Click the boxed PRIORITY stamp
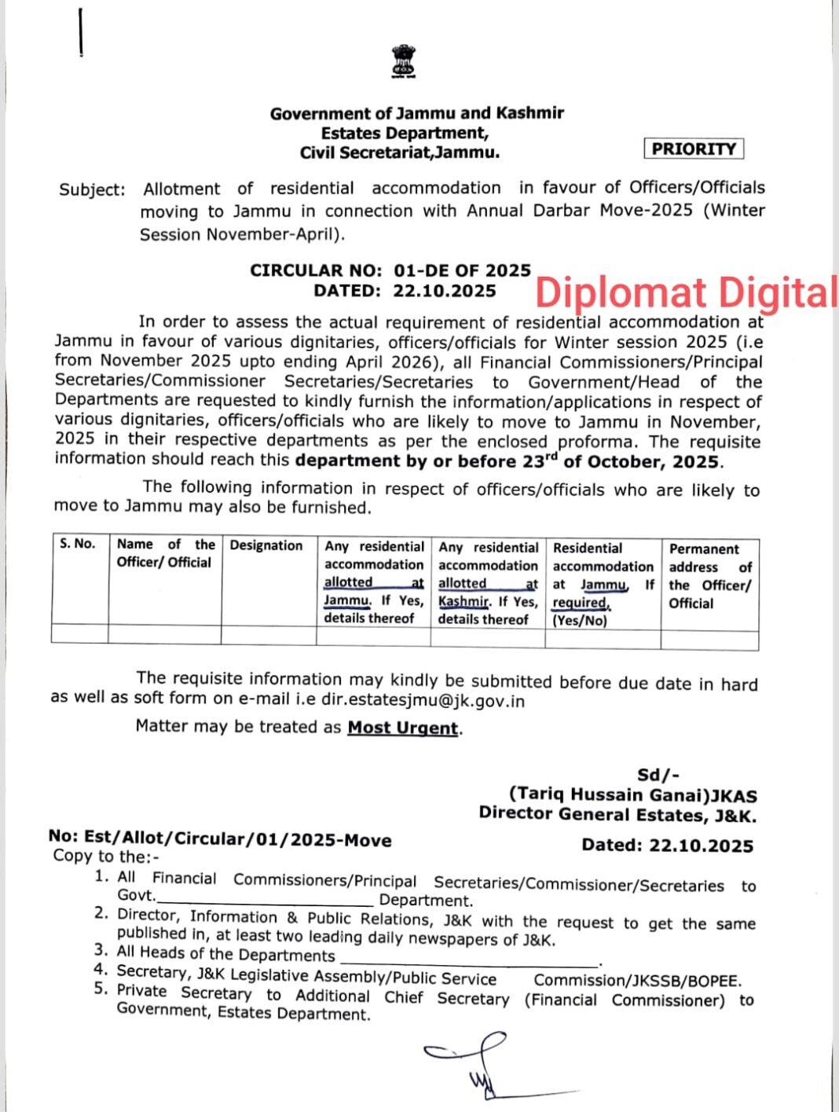[x=694, y=149]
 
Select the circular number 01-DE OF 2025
[x=463, y=270]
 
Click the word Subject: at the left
[x=92, y=189]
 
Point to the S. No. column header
[x=78, y=544]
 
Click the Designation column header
[x=266, y=545]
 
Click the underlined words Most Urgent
[x=403, y=728]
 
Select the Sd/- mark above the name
[x=658, y=776]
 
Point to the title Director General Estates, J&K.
[x=617, y=815]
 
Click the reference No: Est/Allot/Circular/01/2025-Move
[x=220, y=839]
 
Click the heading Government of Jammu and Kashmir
[x=416, y=113]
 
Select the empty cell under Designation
[x=268, y=633]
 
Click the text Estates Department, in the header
[x=405, y=133]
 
